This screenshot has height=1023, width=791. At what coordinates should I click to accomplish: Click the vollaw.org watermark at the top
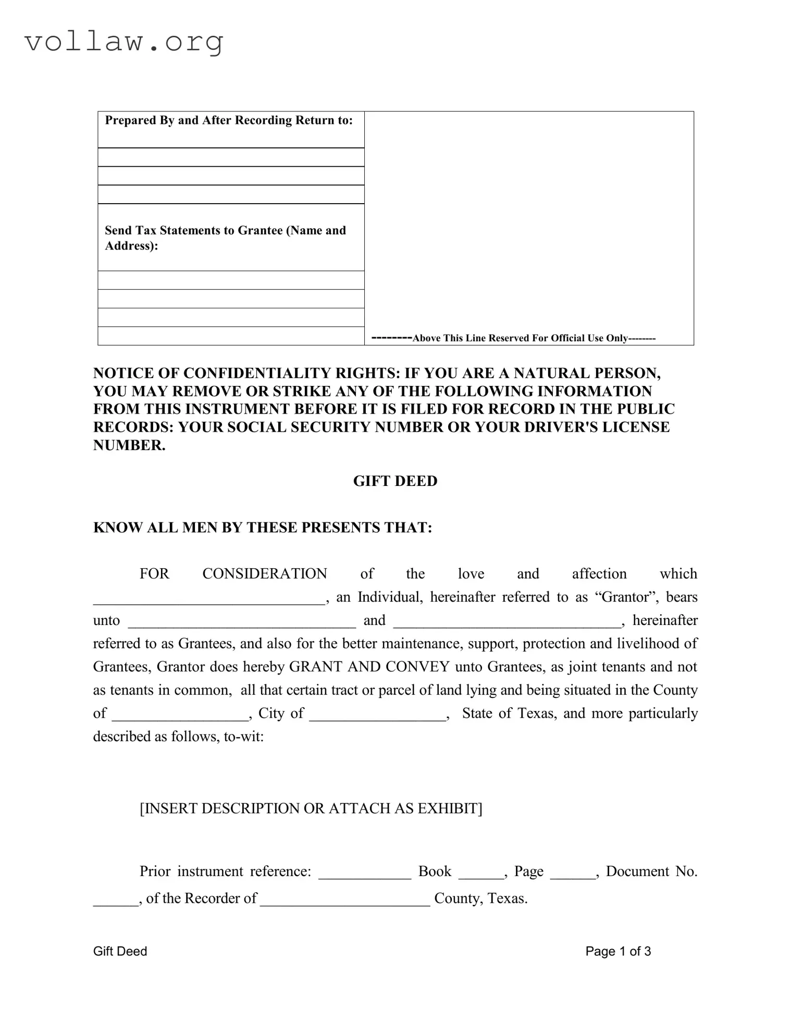(x=124, y=42)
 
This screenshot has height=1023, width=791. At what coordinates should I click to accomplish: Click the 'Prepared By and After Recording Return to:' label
(x=229, y=120)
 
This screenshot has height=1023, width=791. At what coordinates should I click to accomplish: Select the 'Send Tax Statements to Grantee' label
(x=225, y=238)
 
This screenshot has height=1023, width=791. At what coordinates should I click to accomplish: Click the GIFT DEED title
(x=395, y=481)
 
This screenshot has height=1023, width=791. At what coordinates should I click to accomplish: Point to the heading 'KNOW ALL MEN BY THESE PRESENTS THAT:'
(x=263, y=528)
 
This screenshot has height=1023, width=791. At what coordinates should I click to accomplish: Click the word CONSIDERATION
(x=264, y=574)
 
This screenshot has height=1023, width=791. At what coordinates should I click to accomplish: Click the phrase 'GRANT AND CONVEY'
(x=369, y=667)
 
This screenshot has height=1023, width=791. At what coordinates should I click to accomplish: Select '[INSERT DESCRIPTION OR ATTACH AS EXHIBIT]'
(x=311, y=808)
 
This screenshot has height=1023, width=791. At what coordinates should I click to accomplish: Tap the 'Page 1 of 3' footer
(x=618, y=952)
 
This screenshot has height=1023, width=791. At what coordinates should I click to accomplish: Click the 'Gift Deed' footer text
(x=120, y=952)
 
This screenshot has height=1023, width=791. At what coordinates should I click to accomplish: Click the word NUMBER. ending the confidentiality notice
(x=129, y=445)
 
